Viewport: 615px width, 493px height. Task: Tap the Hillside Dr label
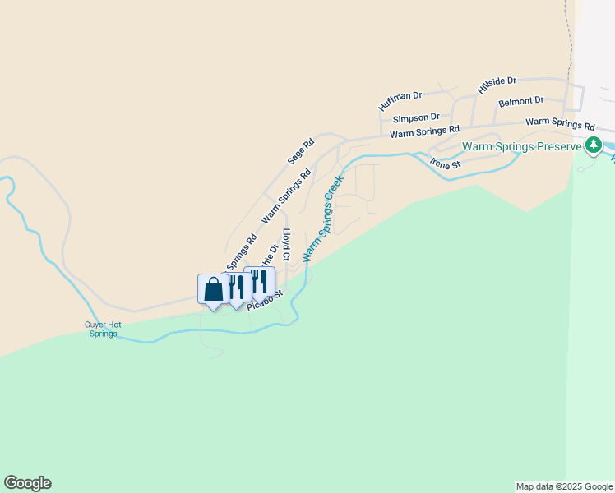click(497, 85)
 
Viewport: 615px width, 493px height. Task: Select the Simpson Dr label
click(416, 118)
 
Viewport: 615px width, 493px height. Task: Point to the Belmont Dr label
click(521, 101)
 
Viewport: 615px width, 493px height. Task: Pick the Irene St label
click(446, 164)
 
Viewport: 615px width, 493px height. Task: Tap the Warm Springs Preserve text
click(522, 147)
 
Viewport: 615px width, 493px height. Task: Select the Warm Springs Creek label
click(322, 217)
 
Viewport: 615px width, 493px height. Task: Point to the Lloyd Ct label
click(286, 245)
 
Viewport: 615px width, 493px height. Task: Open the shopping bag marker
click(213, 290)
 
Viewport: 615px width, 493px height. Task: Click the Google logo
click(27, 483)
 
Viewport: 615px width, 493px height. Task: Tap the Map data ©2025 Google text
click(563, 486)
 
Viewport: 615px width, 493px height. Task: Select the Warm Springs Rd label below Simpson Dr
click(424, 131)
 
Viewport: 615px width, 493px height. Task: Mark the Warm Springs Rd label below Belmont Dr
click(560, 125)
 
